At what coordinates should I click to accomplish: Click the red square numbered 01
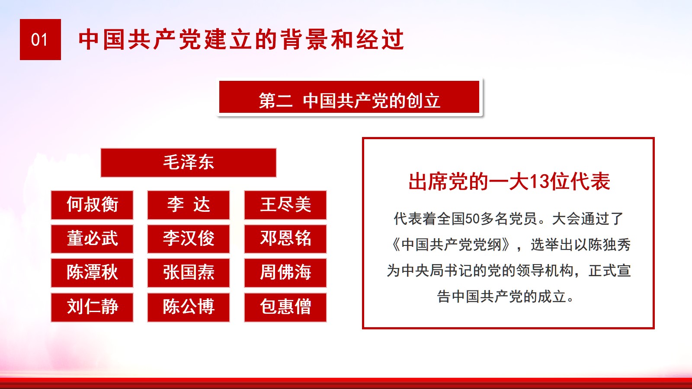[40, 39]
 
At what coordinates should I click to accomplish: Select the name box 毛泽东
[189, 163]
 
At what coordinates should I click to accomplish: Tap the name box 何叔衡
[92, 205]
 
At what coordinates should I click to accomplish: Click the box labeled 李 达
[189, 205]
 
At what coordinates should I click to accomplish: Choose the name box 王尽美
[285, 205]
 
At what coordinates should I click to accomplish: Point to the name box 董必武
[92, 239]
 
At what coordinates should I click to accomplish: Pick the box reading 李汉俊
[189, 239]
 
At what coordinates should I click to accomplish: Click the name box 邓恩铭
[285, 239]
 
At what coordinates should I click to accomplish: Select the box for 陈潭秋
[92, 273]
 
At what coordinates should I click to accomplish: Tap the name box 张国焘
[189, 273]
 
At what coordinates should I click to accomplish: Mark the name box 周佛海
[285, 273]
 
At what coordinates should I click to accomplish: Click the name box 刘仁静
[92, 307]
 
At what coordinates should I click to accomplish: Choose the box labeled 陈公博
[189, 307]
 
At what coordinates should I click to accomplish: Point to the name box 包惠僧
[285, 307]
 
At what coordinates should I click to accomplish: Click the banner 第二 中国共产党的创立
[349, 97]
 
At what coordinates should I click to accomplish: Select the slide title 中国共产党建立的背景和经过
[241, 39]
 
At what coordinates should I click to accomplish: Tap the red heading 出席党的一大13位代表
[509, 182]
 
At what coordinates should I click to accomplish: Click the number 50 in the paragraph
[472, 219]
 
